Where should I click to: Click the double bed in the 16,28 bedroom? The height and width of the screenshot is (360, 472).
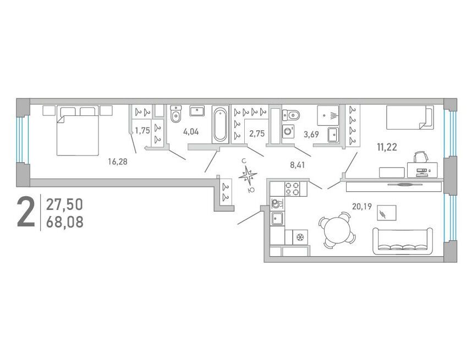pyautogui.click(x=78, y=130)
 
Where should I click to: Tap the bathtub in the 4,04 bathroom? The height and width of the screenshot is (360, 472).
pyautogui.click(x=220, y=125)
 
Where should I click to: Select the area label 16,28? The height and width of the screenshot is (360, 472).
pyautogui.click(x=118, y=162)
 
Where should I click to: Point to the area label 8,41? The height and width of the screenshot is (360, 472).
pyautogui.click(x=298, y=164)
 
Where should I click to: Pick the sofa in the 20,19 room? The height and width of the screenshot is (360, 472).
pyautogui.click(x=403, y=241)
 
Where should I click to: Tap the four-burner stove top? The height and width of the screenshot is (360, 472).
pyautogui.click(x=292, y=189)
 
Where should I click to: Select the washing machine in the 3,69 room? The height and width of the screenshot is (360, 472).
pyautogui.click(x=288, y=131)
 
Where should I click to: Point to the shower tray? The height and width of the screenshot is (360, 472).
pyautogui.click(x=328, y=115)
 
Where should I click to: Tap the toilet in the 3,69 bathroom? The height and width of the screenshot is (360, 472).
pyautogui.click(x=291, y=114)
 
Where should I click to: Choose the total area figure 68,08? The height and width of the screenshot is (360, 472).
pyautogui.click(x=65, y=223)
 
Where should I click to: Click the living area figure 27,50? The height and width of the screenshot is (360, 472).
pyautogui.click(x=64, y=205)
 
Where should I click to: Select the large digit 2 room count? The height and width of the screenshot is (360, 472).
pyautogui.click(x=26, y=211)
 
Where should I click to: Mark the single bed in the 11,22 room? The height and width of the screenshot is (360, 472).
pyautogui.click(x=410, y=117)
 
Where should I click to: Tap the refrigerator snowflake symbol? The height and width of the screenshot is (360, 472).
pyautogui.click(x=300, y=237)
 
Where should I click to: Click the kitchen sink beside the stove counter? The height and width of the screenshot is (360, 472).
pyautogui.click(x=277, y=218)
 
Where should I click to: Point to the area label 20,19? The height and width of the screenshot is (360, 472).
pyautogui.click(x=362, y=207)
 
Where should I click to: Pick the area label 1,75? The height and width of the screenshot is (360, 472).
pyautogui.click(x=142, y=131)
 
